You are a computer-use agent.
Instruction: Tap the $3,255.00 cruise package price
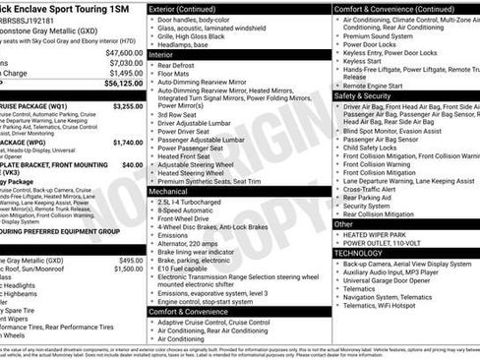[x=127, y=105]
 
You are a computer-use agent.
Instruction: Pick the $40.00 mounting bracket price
[x=132, y=166]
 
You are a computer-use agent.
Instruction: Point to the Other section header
[x=344, y=224]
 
